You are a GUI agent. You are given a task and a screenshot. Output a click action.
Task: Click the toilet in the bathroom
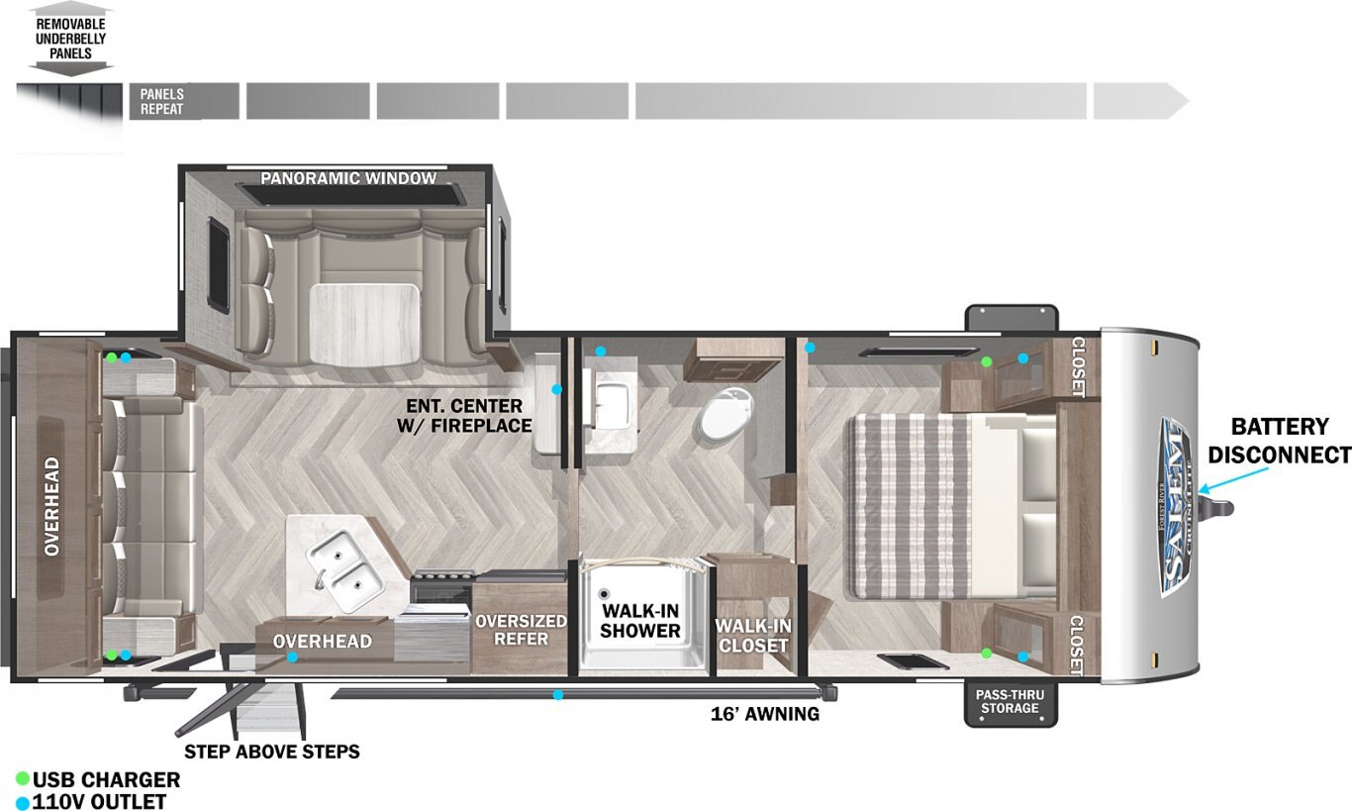click(726, 414)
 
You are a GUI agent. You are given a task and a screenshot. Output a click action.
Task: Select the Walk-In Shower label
click(639, 620)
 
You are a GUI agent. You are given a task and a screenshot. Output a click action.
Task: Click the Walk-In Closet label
click(753, 636)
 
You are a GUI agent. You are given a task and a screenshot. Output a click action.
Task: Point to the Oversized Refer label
click(521, 629)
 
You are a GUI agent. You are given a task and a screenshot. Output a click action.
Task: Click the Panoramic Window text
click(348, 178)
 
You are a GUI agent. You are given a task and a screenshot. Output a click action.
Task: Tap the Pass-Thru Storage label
click(1010, 702)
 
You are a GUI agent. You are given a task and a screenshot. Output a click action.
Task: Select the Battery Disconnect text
click(1279, 441)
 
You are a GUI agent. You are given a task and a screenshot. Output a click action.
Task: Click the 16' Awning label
click(765, 714)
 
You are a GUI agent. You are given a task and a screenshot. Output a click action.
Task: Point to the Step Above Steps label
click(271, 752)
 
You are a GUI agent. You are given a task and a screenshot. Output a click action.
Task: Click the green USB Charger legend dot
click(23, 779)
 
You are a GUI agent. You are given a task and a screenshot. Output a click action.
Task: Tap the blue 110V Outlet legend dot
click(23, 803)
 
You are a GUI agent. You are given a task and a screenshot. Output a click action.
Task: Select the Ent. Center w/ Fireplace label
click(464, 416)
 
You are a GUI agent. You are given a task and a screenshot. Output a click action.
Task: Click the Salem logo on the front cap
click(1175, 508)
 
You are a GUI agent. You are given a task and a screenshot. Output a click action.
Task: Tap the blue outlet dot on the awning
click(558, 695)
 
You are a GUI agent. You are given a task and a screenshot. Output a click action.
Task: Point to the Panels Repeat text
click(161, 101)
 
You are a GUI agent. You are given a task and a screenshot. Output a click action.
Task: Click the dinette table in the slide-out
click(365, 324)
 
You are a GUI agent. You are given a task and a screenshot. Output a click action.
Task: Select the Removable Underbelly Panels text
click(70, 39)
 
